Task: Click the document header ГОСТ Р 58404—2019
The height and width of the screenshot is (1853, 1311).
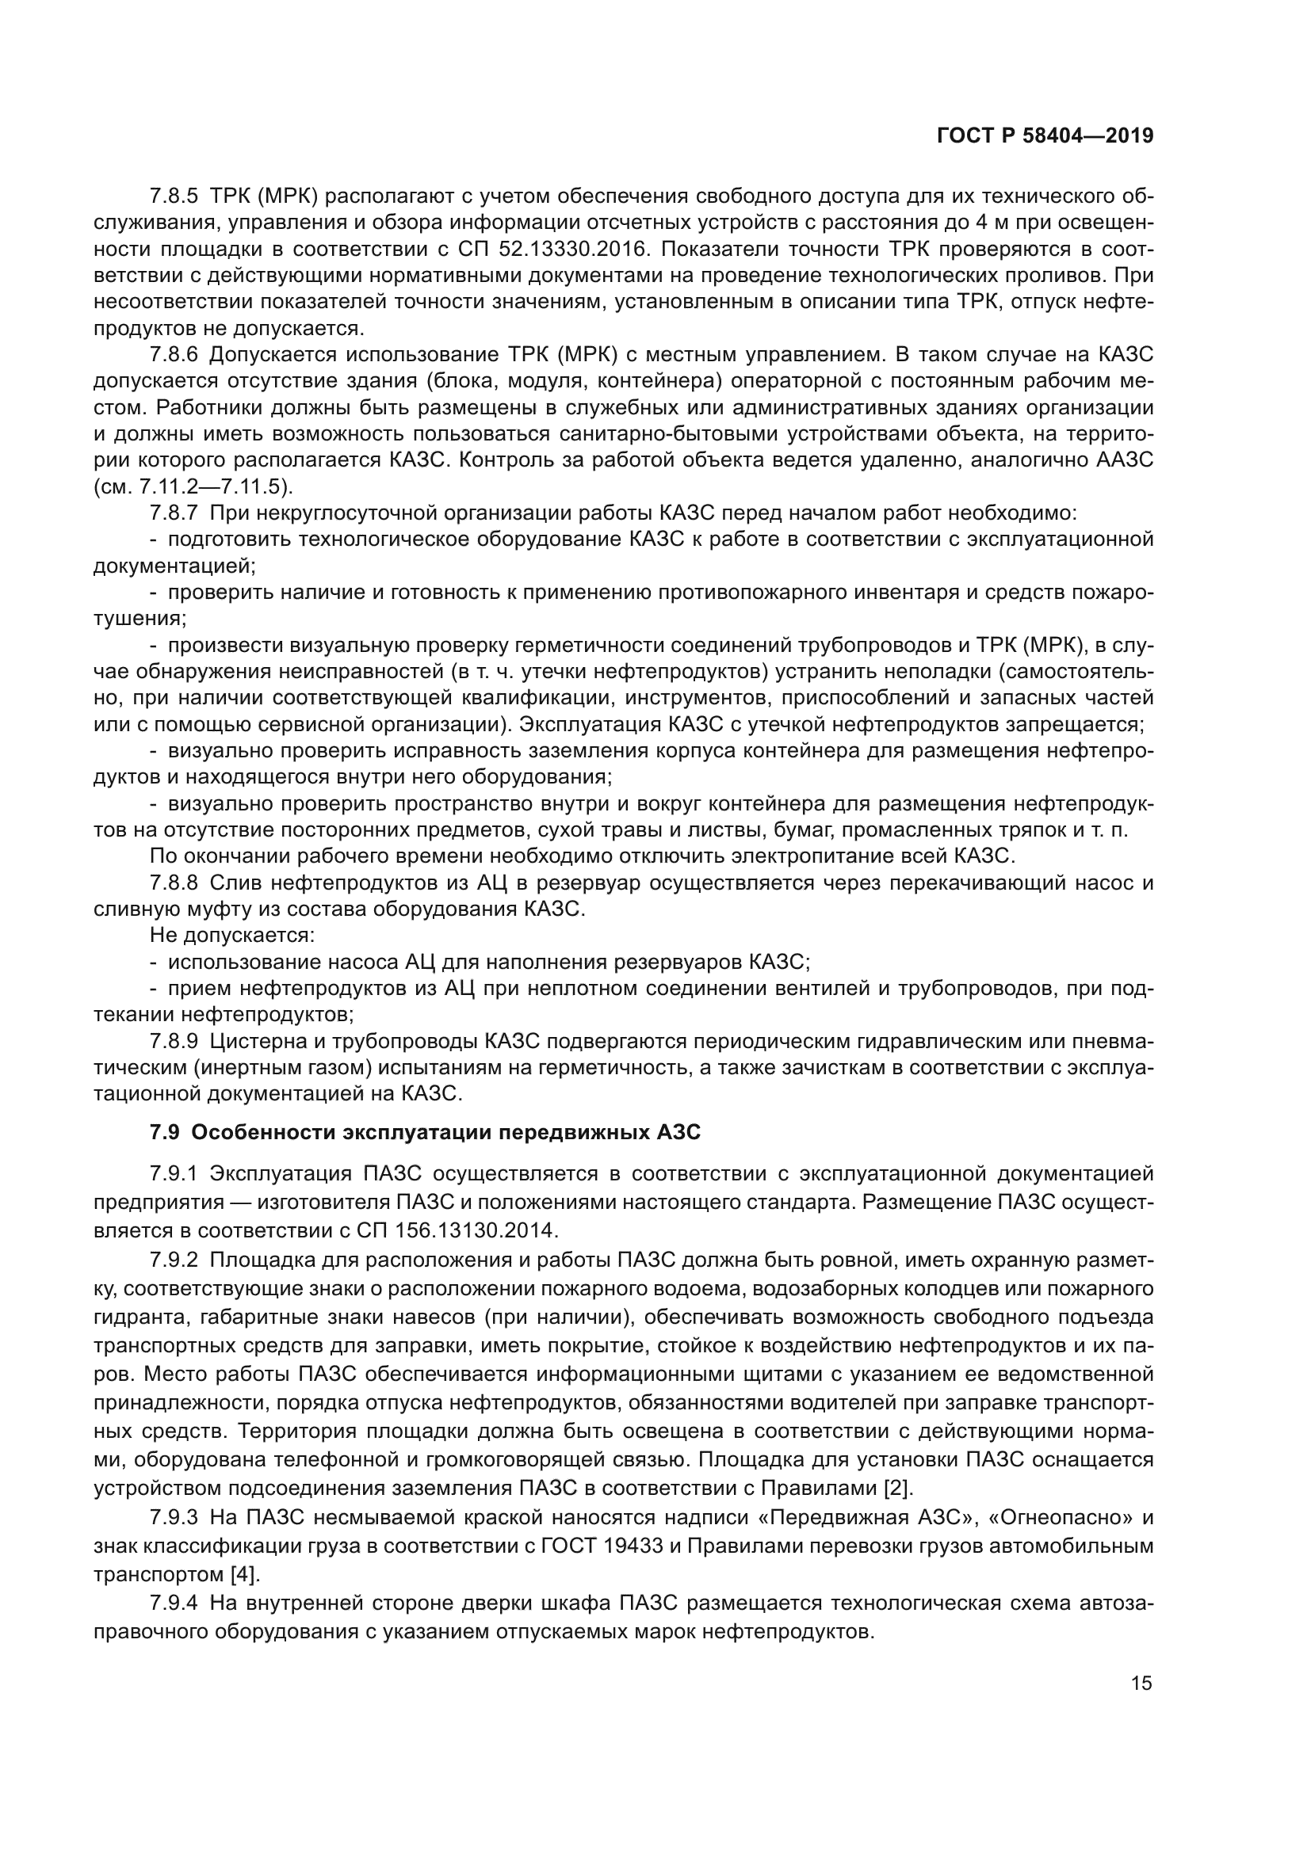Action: [x=1045, y=136]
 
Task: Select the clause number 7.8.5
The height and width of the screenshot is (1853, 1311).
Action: [x=174, y=196]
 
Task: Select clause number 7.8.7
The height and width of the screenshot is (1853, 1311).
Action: [x=174, y=513]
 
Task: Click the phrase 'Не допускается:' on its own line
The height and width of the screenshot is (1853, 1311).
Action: [x=231, y=936]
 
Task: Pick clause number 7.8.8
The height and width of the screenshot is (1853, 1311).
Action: [x=174, y=883]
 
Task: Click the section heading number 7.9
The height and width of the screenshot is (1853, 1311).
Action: [x=164, y=1133]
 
